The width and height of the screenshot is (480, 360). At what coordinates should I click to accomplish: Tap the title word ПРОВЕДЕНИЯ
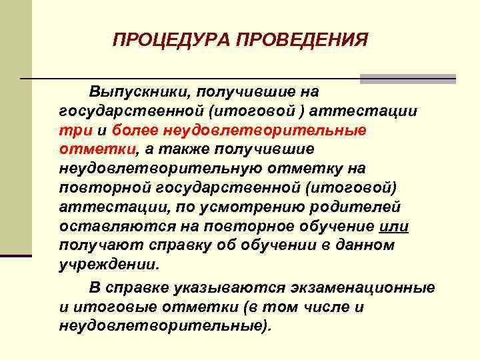pyautogui.click(x=299, y=41)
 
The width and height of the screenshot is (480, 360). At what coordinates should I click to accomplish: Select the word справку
pyautogui.click(x=171, y=245)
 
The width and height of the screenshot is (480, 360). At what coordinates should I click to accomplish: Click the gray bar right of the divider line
pyautogui.click(x=408, y=79)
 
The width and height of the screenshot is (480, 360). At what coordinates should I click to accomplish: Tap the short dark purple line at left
pyautogui.click(x=16, y=255)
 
